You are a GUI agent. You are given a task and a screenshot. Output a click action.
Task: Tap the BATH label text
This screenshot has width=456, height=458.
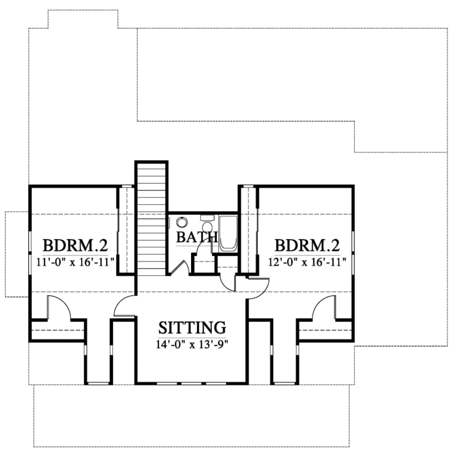pos(196,237)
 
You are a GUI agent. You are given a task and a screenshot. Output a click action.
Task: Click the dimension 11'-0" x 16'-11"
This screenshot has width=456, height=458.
pos(75,261)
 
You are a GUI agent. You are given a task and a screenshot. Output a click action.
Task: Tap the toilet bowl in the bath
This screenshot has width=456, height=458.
pos(207,228)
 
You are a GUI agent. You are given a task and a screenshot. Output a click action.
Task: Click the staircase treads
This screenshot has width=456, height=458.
pos(152,219)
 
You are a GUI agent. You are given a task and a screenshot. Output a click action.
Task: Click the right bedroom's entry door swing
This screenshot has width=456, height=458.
pos(257,288)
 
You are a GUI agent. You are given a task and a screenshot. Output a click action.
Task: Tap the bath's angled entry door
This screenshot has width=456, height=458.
pos(179,267)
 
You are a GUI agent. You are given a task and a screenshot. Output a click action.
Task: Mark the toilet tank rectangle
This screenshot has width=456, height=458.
pos(206,217)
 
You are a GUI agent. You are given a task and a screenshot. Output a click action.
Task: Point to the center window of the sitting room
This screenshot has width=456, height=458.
pos(191,383)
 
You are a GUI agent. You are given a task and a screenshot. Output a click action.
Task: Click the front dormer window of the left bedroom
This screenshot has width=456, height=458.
pos(98,383)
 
